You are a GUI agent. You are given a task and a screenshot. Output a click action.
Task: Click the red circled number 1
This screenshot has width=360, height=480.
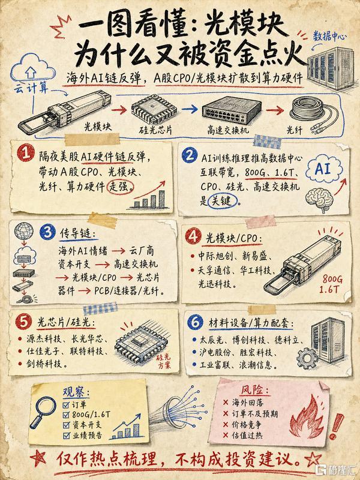tap(25, 153)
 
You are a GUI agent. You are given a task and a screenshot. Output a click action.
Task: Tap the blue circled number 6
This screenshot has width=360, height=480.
tap(195, 322)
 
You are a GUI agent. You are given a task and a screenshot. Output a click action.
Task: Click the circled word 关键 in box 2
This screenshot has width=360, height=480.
tap(222, 201)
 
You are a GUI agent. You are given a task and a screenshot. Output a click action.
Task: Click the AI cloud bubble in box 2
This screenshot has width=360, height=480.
tap(323, 169)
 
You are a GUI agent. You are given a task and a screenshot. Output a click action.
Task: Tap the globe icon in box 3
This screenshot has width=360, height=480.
tap(24, 232)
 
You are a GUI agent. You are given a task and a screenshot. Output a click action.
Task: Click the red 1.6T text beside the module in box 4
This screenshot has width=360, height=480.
tap(329, 289)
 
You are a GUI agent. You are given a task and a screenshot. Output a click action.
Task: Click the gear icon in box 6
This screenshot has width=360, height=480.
tap(307, 358)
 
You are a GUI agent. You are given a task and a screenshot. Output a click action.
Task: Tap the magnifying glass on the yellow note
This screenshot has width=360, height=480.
tap(42, 412)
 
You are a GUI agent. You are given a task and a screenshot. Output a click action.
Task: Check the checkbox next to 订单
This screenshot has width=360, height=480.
tap(66, 405)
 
